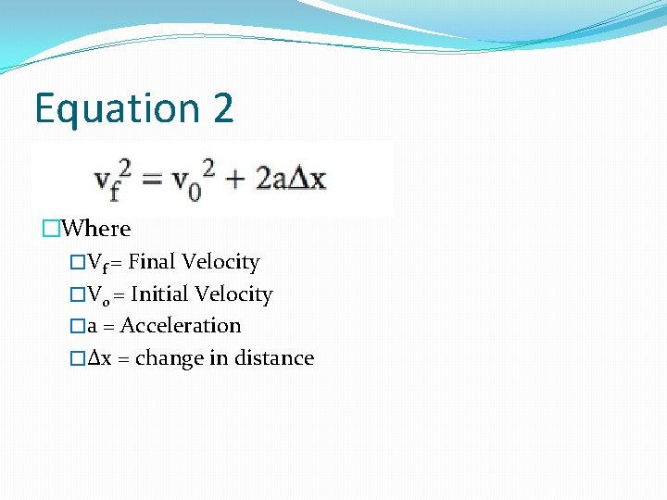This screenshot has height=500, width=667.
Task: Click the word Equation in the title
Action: click(x=117, y=109)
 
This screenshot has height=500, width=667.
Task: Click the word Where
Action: click(x=99, y=229)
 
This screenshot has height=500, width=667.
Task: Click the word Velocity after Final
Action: click(x=220, y=262)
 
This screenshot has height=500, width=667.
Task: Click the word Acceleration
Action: click(x=181, y=326)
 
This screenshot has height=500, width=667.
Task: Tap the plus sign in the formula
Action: click(x=236, y=179)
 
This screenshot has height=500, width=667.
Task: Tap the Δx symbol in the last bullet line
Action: click(x=99, y=358)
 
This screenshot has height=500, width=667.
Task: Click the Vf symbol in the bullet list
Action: click(x=96, y=263)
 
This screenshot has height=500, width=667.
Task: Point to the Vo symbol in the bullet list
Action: click(x=95, y=295)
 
